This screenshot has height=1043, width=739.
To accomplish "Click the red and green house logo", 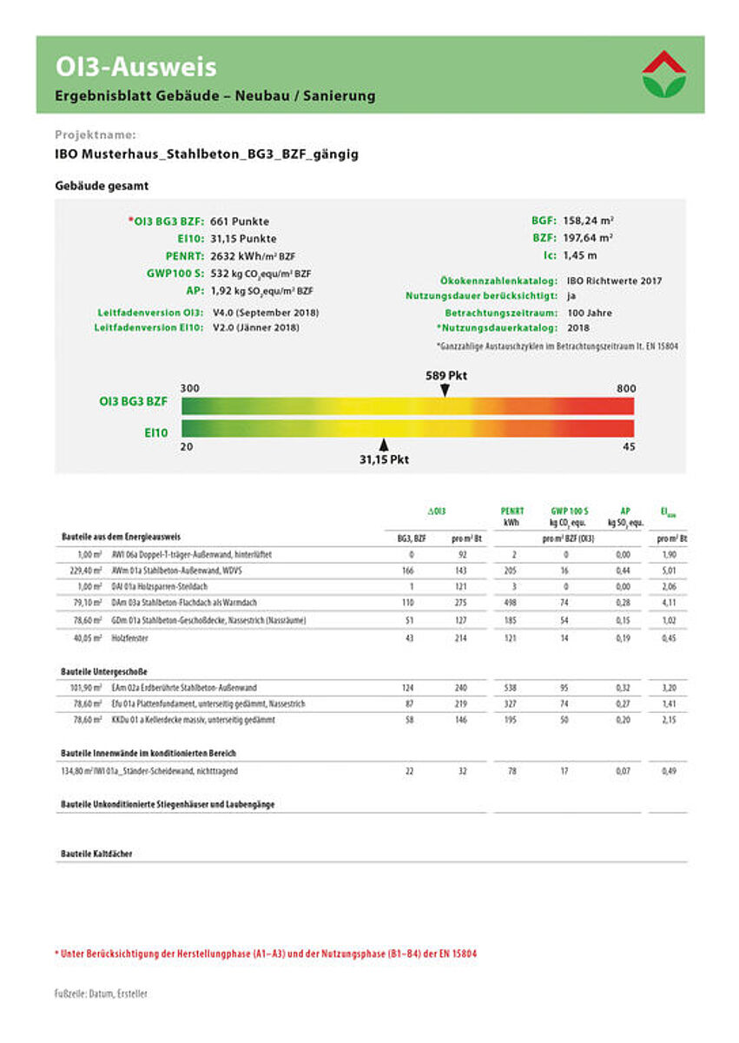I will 664,74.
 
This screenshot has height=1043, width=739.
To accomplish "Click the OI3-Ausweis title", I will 136,66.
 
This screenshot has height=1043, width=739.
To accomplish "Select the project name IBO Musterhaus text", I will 206,155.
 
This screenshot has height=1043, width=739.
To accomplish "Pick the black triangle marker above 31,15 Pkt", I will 383,445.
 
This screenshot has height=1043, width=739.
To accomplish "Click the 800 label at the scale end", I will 626,388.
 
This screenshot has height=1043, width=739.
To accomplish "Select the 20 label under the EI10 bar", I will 186,447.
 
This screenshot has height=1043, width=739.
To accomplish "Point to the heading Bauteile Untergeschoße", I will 105,671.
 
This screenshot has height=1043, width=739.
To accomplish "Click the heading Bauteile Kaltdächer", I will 96,854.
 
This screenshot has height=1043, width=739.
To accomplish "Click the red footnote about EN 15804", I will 266,954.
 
